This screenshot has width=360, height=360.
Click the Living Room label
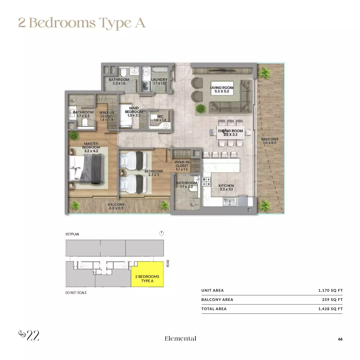(221, 88)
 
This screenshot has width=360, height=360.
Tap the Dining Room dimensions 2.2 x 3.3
(230, 134)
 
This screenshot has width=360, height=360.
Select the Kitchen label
(226, 185)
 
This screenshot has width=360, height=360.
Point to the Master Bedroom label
(91, 145)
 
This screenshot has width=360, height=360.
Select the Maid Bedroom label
(134, 110)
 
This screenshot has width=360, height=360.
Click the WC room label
(160, 116)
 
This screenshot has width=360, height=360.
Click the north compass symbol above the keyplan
(161, 233)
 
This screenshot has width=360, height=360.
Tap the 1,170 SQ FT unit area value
(330, 290)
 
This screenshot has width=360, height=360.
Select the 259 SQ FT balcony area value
(332, 300)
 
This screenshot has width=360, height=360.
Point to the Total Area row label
(214, 309)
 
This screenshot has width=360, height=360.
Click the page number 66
(340, 339)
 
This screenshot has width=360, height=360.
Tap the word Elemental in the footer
(181, 338)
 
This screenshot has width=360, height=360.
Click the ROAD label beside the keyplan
(168, 263)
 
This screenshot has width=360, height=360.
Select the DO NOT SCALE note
(76, 293)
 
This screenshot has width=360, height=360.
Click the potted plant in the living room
(201, 109)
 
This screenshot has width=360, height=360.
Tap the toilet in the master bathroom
(85, 122)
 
